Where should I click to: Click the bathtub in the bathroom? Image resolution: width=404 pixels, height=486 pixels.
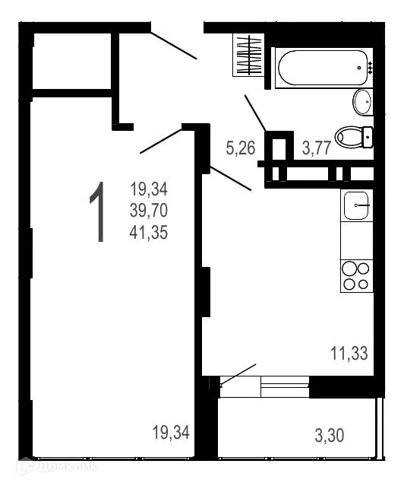pyautogui.click(x=322, y=68)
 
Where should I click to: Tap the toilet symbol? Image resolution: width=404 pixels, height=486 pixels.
pyautogui.click(x=353, y=136)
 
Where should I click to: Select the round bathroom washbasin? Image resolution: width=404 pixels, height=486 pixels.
pyautogui.click(x=362, y=101)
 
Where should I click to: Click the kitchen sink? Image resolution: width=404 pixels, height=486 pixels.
pyautogui.click(x=356, y=204)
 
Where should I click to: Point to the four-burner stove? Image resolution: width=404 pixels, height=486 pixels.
pyautogui.click(x=356, y=276)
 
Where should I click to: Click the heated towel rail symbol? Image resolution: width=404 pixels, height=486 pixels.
pyautogui.click(x=248, y=56)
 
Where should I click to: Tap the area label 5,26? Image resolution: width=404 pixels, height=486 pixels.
pyautogui.click(x=240, y=148)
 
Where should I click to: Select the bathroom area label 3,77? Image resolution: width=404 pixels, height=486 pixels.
pyautogui.click(x=316, y=148)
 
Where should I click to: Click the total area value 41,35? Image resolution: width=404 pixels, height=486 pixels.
pyautogui.click(x=149, y=231)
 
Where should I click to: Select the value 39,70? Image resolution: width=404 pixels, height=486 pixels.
pyautogui.click(x=149, y=210)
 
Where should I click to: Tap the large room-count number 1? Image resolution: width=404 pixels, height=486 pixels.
pyautogui.click(x=97, y=214)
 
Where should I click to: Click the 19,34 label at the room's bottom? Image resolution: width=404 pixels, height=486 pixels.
pyautogui.click(x=171, y=434)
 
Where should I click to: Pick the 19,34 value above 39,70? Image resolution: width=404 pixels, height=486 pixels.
pyautogui.click(x=149, y=188)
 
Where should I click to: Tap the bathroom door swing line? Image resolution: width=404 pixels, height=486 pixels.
pyautogui.click(x=254, y=113)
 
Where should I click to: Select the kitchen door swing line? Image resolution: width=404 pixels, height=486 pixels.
pyautogui.click(x=230, y=179)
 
